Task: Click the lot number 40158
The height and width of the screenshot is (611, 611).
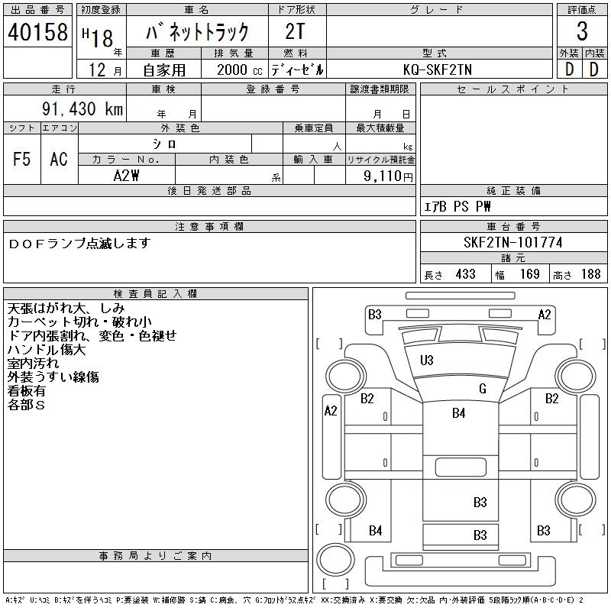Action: (x=37, y=32)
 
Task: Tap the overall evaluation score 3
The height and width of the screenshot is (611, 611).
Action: (x=581, y=31)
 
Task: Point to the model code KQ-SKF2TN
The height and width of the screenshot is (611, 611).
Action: (x=438, y=70)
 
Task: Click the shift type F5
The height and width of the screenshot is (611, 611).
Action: (x=21, y=159)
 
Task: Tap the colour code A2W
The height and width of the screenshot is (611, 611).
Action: (x=126, y=176)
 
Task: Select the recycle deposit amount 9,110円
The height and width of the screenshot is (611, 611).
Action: (x=390, y=176)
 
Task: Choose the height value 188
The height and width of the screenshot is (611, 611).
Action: (x=590, y=274)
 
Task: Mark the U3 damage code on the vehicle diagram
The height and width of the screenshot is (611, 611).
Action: (x=426, y=360)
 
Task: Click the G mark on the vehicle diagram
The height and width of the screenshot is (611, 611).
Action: (x=482, y=389)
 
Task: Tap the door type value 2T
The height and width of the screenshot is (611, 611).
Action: (x=296, y=31)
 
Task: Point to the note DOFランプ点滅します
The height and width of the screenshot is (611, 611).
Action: (x=79, y=243)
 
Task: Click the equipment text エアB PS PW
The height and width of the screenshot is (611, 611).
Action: (x=457, y=206)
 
